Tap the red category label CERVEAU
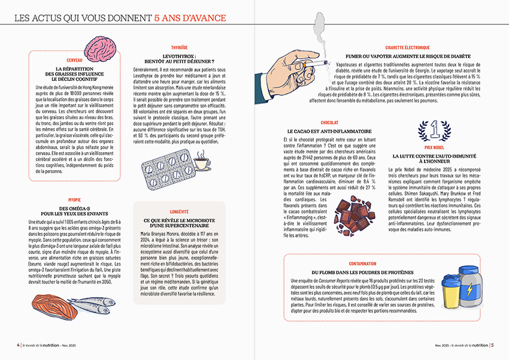pos(75,61)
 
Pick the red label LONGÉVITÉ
pos(179,211)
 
